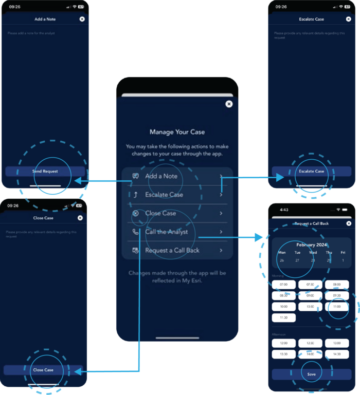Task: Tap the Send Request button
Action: (45, 171)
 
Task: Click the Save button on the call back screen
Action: (311, 374)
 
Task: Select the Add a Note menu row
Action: (177, 176)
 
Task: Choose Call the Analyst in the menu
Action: (177, 232)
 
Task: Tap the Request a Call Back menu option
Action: (177, 250)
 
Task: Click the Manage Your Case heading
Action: (177, 132)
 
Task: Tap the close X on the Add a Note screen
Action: (82, 19)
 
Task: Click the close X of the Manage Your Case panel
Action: (229, 104)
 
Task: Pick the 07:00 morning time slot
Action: (284, 285)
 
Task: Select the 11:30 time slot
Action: (284, 318)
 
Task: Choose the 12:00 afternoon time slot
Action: (284, 343)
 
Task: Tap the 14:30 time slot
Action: (337, 354)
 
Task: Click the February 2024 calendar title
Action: (311, 245)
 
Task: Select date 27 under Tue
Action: (297, 260)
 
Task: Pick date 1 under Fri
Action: (343, 260)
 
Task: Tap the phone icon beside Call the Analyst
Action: (135, 232)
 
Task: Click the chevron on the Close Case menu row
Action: (221, 213)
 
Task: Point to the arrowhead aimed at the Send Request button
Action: (78, 181)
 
